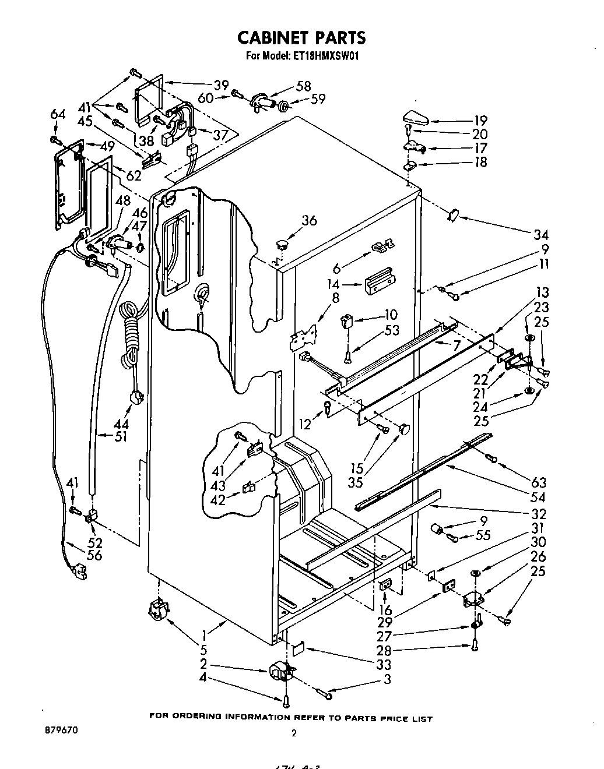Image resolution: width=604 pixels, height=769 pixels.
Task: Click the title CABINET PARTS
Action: pyautogui.click(x=301, y=37)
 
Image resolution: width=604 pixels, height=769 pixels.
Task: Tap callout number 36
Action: pyautogui.click(x=309, y=220)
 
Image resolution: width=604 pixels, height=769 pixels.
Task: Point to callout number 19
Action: pyautogui.click(x=480, y=121)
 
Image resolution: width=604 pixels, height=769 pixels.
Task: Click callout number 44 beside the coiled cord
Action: pyautogui.click(x=122, y=424)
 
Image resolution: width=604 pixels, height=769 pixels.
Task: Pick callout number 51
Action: pyautogui.click(x=121, y=436)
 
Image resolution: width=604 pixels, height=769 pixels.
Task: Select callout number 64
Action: pyautogui.click(x=58, y=114)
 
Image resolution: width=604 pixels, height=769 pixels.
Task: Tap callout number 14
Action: pyautogui.click(x=333, y=285)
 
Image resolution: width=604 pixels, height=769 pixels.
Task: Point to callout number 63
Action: pyautogui.click(x=538, y=482)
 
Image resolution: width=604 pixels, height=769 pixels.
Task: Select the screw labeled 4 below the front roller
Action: pyautogui.click(x=286, y=701)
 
